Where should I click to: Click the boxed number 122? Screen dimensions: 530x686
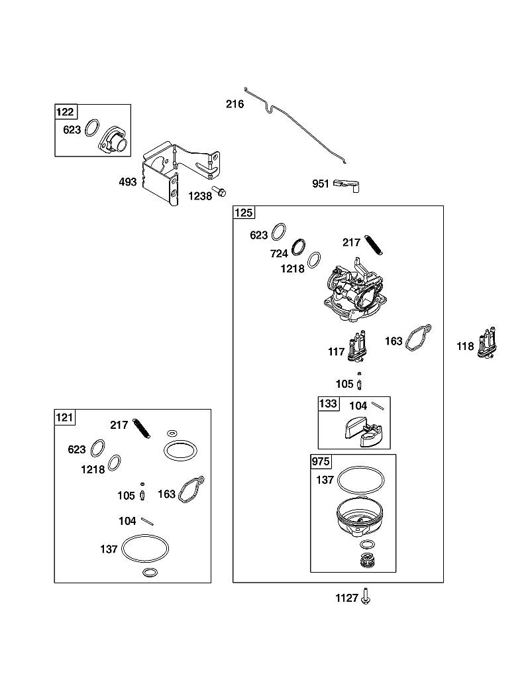65,112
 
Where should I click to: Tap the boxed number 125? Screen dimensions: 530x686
244,213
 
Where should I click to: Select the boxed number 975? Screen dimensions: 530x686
321,461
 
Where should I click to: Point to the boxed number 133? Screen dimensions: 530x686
329,404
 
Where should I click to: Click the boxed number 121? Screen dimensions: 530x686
64,417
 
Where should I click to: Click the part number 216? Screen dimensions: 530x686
235,104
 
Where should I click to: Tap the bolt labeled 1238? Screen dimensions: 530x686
219,191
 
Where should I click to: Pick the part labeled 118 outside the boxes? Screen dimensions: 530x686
487,343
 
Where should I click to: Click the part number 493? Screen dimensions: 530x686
128,182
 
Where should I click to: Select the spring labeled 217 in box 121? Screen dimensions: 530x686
142,428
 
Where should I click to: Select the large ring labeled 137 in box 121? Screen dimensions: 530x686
144,547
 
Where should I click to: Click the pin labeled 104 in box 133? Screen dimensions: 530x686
378,406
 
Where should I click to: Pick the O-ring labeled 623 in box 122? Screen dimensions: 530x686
92,128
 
